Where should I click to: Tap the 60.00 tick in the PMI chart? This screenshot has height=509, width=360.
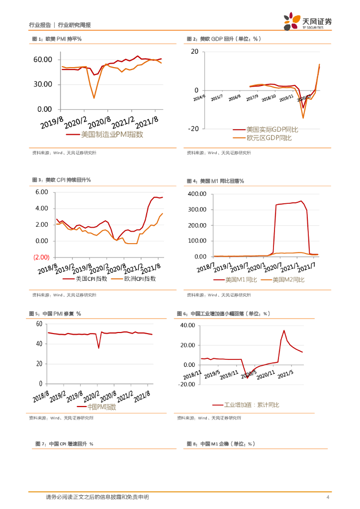43,60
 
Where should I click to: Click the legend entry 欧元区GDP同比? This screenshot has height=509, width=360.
269,138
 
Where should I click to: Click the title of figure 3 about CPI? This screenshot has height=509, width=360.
61,180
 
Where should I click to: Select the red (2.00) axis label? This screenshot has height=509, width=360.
41,257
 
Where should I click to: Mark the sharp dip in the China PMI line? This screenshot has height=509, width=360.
98,347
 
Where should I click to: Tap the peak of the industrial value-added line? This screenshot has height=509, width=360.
284,331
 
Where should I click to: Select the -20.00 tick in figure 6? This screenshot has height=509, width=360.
191,384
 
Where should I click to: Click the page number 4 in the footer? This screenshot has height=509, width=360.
328,497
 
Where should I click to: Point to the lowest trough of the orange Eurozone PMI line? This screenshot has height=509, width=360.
94,98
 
